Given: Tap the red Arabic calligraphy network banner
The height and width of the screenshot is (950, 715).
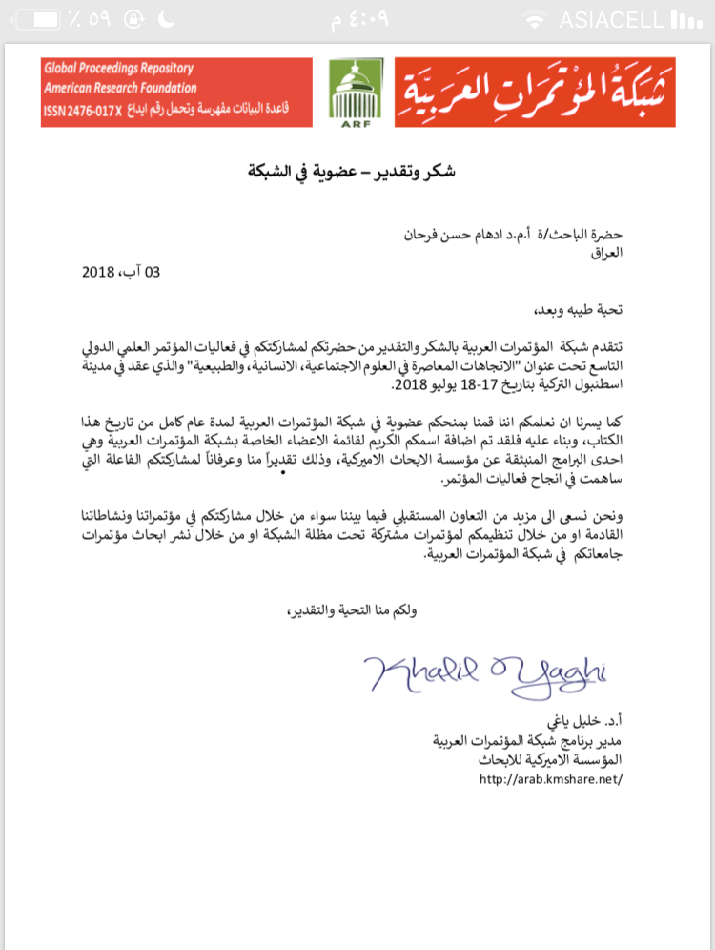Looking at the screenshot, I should pyautogui.click(x=534, y=92).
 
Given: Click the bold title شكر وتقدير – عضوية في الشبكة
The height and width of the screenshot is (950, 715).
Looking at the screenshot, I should pyautogui.click(x=357, y=172).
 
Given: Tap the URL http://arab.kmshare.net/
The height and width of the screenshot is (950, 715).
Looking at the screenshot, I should pyautogui.click(x=550, y=777).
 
